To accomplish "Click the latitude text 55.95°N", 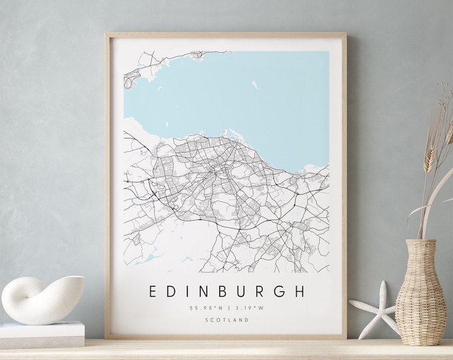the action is tap(205, 308).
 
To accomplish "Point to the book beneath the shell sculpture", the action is tap(43, 331).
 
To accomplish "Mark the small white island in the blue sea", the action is tap(254, 85).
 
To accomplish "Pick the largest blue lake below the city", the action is tap(151, 255).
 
